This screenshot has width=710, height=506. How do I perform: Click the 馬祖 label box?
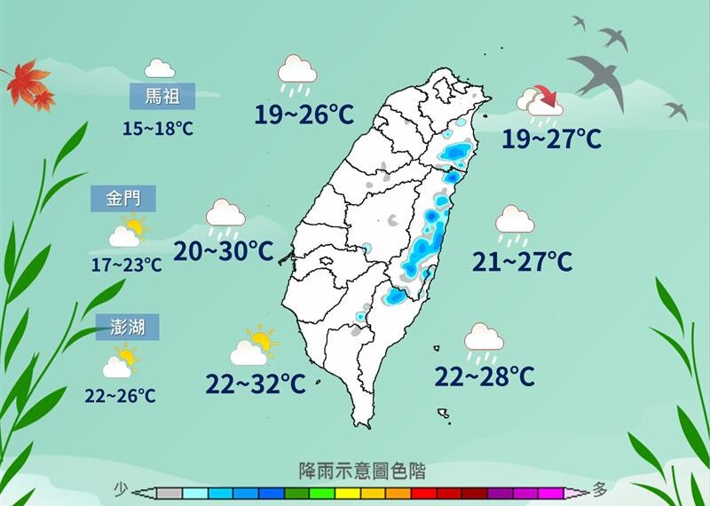[161, 94]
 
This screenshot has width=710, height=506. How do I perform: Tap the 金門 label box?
[123, 199]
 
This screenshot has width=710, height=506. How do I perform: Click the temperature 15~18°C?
[158, 129]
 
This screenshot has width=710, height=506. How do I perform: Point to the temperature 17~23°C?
[127, 265]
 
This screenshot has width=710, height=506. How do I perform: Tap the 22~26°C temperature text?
[121, 396]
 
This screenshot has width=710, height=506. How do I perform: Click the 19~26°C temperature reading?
[304, 115]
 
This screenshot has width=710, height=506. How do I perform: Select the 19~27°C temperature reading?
[551, 139]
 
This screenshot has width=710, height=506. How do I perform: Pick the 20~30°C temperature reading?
[224, 251]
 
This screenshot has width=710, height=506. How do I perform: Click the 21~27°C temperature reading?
[522, 262]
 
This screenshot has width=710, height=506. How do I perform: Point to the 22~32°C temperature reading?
[256, 384]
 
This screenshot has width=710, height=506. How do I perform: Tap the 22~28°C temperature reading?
[485, 377]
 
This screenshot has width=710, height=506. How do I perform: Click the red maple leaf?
[28, 84]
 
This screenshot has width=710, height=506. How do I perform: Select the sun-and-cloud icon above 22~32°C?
[254, 346]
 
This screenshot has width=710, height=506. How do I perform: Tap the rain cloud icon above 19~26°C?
[297, 74]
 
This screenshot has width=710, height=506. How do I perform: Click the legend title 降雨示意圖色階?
[361, 470]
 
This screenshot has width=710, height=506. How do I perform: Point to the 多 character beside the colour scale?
[601, 489]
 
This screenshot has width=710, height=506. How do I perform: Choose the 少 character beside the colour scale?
[122, 489]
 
